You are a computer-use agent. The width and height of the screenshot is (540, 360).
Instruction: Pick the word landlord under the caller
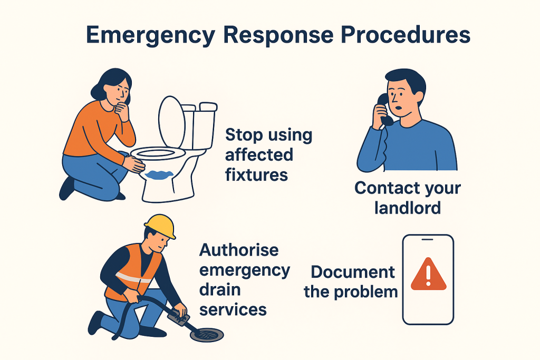(x=407, y=207)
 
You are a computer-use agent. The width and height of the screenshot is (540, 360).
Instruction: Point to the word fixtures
(x=257, y=174)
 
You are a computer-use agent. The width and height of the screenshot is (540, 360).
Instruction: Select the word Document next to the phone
(x=352, y=272)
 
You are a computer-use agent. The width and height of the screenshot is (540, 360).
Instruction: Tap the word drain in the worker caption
(x=220, y=289)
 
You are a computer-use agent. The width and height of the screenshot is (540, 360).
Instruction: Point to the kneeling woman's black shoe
(x=66, y=188)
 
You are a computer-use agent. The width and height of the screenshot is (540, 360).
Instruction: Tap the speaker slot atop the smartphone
(x=428, y=240)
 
